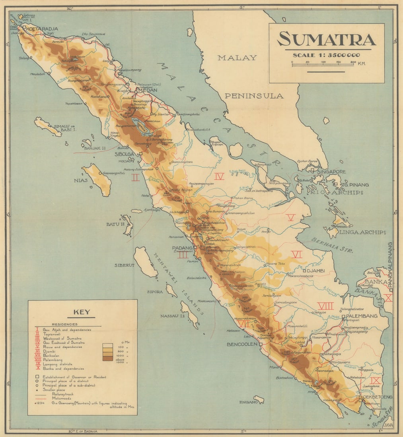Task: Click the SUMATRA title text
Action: tap(326, 39)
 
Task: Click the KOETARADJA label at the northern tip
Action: tap(42, 29)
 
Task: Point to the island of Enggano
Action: tap(259, 399)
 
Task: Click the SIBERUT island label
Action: tap(125, 265)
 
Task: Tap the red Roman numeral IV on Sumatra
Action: tap(219, 176)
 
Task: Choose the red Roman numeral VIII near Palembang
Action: tap(325, 306)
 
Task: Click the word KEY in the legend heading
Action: tap(82, 312)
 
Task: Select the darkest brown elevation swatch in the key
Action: tap(108, 358)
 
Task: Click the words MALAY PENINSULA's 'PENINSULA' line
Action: tap(254, 96)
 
